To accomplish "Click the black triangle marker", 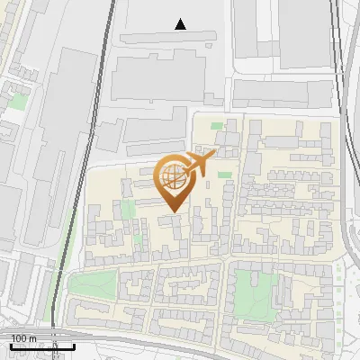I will pos(181,24).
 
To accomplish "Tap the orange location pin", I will pos(173,181).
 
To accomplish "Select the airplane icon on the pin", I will pos(199,164).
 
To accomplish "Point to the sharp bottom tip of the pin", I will pos(173,211).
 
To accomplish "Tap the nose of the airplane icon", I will pos(213,156).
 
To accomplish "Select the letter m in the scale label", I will pos(32,337).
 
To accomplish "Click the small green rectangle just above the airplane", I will pos(215,148).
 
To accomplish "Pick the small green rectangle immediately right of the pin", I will pos(224,174).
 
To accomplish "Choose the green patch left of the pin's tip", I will pos(128,210).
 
